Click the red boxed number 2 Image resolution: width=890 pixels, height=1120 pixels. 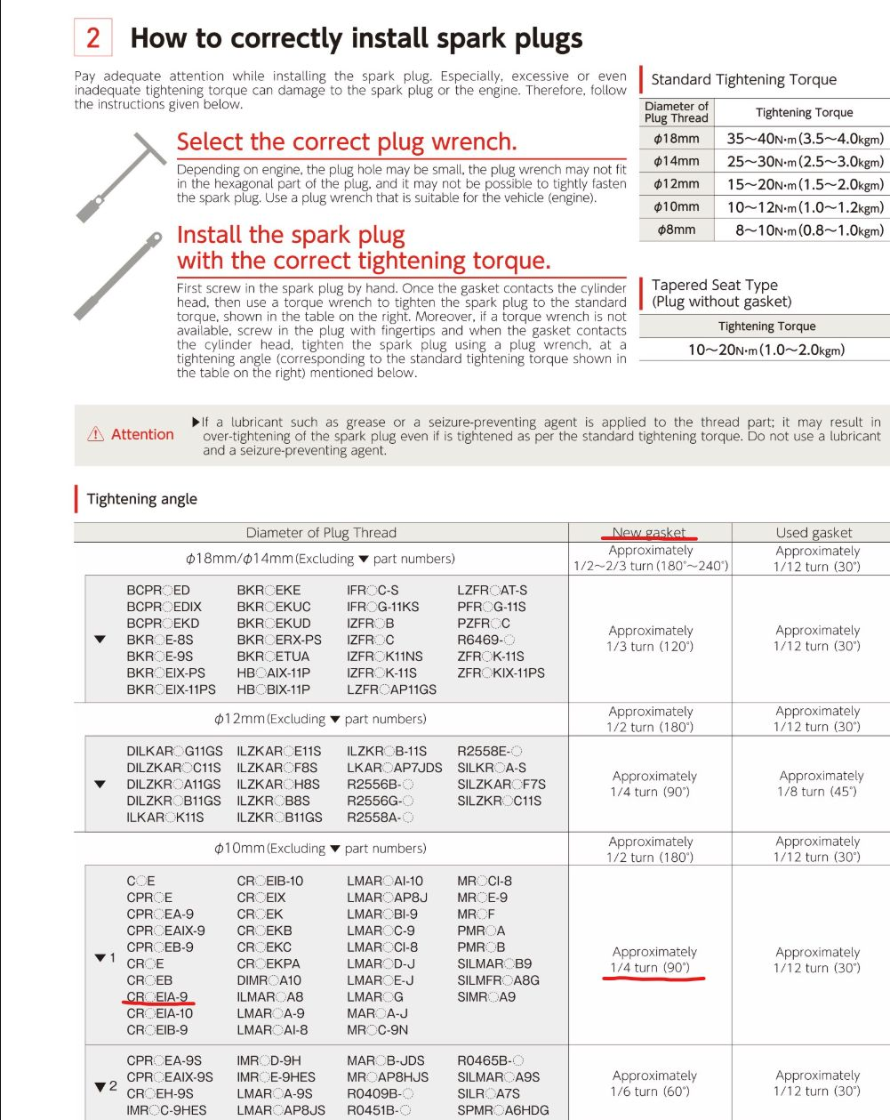92,38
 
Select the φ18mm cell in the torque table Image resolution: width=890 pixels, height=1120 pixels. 677,139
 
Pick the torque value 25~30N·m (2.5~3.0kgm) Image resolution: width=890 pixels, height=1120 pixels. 805,162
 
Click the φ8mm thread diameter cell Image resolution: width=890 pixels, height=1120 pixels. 677,230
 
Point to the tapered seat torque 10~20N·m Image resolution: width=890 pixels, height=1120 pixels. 766,350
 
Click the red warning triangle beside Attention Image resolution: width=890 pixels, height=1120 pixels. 96,435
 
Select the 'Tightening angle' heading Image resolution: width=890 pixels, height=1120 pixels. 142,499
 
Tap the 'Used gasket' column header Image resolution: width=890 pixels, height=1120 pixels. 814,533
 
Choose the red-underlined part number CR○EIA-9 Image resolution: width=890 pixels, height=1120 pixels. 157,997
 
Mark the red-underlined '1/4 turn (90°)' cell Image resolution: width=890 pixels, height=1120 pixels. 653,968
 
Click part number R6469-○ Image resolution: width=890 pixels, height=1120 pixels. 485,640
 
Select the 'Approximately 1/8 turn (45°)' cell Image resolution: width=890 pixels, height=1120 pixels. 821,784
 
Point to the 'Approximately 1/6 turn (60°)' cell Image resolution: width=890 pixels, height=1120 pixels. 653,1084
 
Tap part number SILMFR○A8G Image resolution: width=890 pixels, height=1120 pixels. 498,980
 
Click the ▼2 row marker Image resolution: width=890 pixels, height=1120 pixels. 106,1086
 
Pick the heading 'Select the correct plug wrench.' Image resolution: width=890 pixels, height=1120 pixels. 346,142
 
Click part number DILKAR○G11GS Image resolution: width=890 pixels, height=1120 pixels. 174,752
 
